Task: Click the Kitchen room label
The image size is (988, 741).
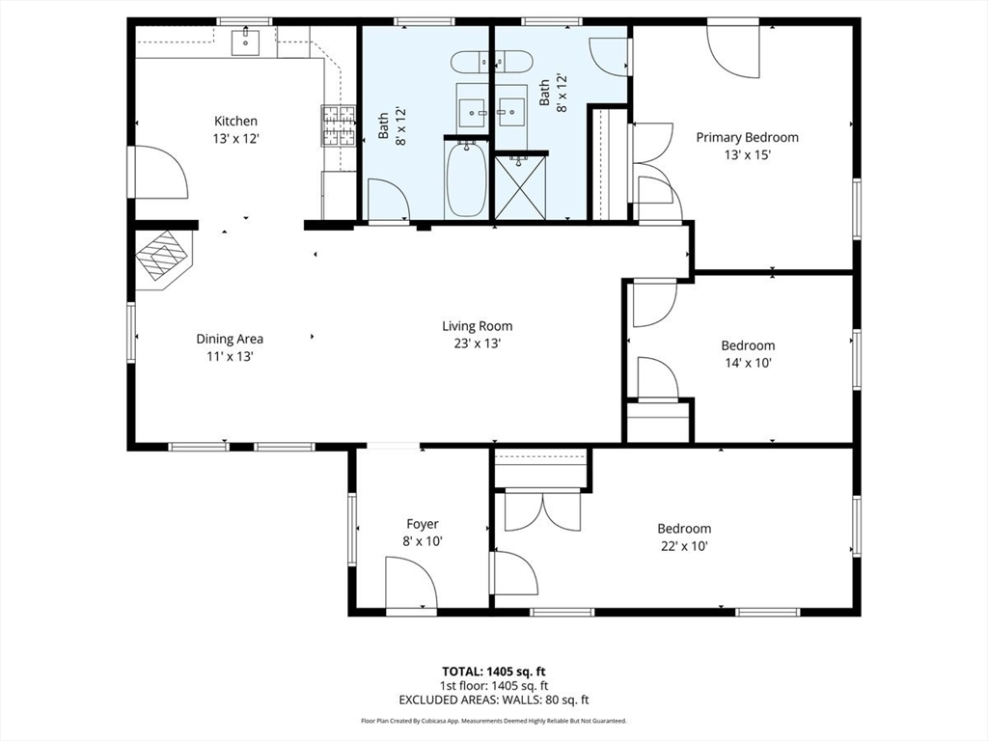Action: [x=235, y=121]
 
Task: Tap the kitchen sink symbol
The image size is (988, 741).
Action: [x=245, y=41]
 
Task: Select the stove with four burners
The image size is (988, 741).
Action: [x=339, y=125]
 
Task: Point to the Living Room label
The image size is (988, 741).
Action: [x=477, y=326]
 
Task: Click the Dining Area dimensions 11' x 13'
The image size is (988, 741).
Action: [x=230, y=356]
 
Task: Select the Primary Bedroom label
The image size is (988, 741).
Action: [x=747, y=137]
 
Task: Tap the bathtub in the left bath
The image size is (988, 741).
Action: [x=466, y=179]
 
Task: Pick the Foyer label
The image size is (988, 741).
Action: [x=422, y=524]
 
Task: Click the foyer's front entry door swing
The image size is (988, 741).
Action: [x=410, y=585]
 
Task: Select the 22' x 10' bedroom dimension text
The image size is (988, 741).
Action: [x=684, y=546]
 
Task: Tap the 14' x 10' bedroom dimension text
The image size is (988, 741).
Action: [x=748, y=363]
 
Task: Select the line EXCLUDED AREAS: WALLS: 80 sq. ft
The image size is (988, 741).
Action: [x=494, y=700]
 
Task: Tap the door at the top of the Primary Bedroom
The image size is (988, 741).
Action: [x=733, y=43]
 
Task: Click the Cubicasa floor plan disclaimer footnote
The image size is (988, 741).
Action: [x=494, y=721]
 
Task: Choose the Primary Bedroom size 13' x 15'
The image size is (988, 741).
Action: [x=747, y=154]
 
